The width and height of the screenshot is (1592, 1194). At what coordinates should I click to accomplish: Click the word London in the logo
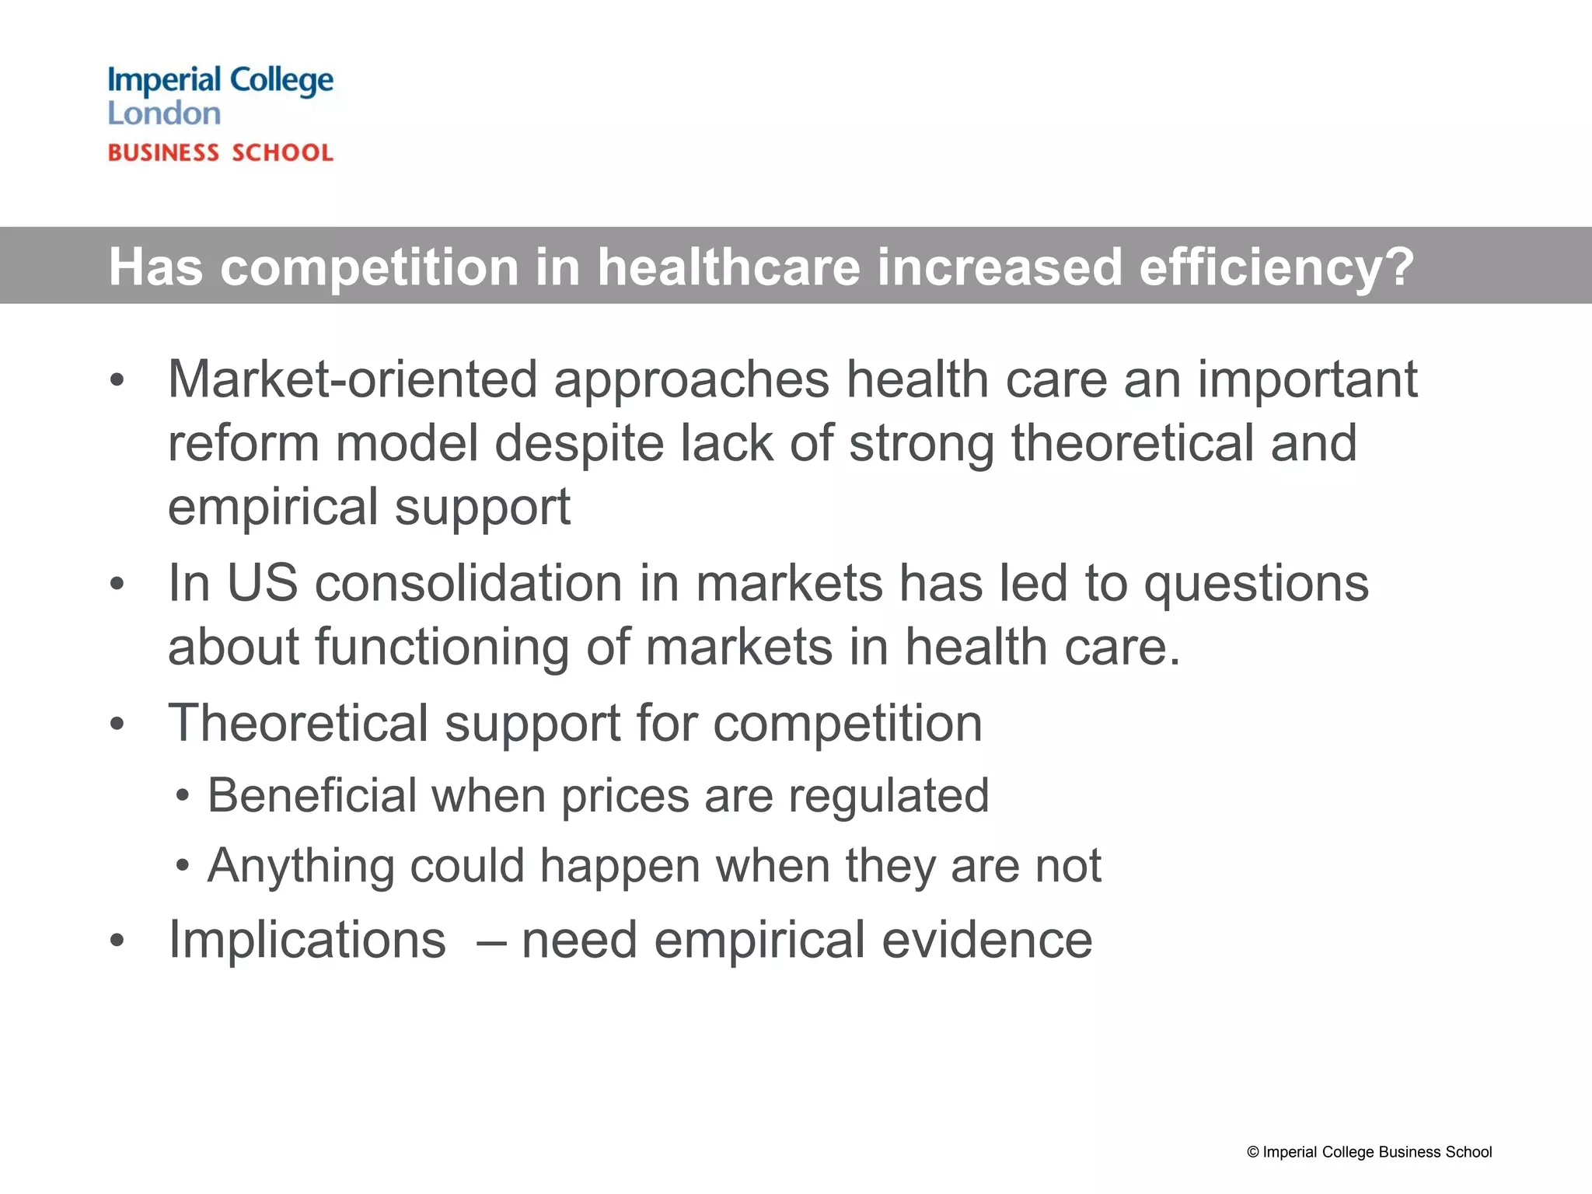click(164, 113)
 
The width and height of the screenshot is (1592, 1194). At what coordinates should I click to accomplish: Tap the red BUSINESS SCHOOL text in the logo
click(221, 152)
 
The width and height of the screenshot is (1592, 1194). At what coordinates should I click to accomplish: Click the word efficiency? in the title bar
click(1276, 267)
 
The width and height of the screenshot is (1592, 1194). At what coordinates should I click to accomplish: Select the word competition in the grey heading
click(369, 267)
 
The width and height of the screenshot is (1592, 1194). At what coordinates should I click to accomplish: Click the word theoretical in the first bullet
click(1132, 443)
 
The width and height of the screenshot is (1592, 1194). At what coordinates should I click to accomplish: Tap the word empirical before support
click(273, 507)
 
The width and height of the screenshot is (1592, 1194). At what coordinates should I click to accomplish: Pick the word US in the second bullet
click(262, 583)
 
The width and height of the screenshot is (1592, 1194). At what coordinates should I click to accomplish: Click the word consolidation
click(469, 583)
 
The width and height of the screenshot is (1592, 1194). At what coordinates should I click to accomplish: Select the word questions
click(1256, 583)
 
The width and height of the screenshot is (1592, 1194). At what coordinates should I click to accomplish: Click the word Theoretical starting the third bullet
click(298, 723)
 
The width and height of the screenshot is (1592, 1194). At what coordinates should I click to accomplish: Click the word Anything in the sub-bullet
click(301, 866)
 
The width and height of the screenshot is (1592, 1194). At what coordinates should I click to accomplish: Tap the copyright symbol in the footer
click(1252, 1153)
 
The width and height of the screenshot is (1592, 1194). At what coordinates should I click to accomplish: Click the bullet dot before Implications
click(117, 941)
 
